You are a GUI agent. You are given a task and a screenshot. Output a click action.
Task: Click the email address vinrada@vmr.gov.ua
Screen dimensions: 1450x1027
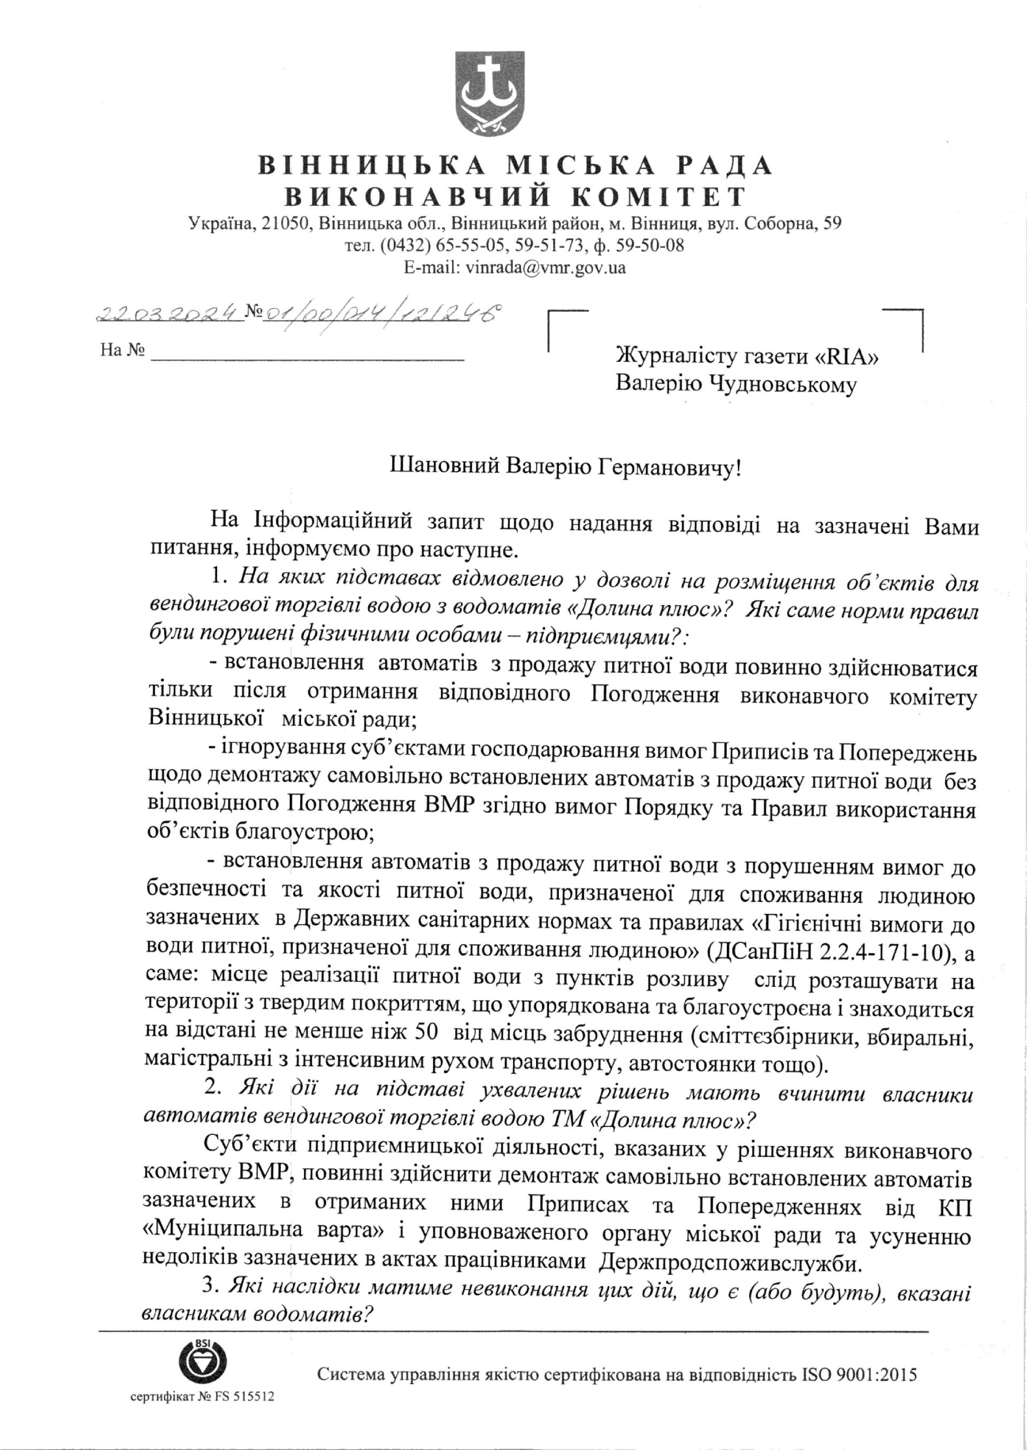tap(545, 267)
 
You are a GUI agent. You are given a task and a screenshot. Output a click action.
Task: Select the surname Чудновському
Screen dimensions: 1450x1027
tap(784, 385)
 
